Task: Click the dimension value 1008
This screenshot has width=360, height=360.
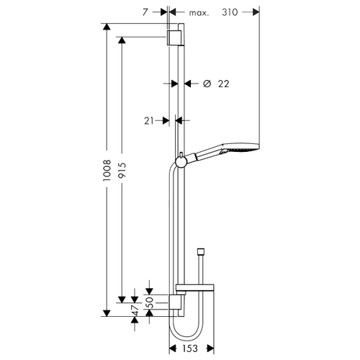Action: point(107,170)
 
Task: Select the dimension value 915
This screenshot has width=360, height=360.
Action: point(122,170)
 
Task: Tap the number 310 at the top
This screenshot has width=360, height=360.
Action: point(230,12)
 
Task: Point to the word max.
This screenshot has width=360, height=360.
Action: point(199,13)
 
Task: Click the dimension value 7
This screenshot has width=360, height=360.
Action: point(145,12)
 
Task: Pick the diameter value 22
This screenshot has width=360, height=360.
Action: point(223,84)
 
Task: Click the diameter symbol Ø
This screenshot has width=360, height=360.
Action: point(207,84)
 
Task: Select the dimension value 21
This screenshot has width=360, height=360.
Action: point(148,121)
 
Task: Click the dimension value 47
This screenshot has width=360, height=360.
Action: point(135,310)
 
